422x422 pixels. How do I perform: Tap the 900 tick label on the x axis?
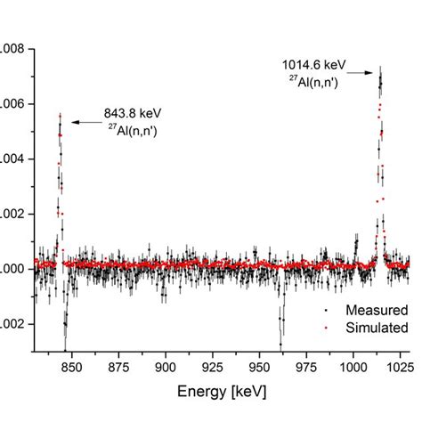166,366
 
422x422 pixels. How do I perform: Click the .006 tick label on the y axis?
12,104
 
